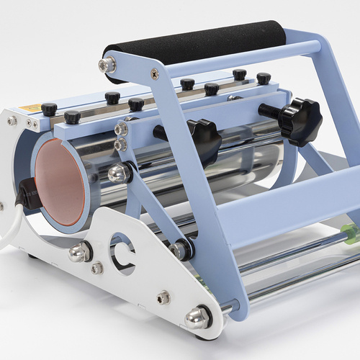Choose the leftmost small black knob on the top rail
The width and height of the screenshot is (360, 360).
[x=49, y=109]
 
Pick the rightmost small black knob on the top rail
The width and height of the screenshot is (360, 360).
[x=264, y=78]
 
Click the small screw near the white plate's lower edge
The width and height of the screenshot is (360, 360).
[x=163, y=296]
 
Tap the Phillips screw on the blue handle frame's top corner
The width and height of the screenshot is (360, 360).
[x=154, y=73]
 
